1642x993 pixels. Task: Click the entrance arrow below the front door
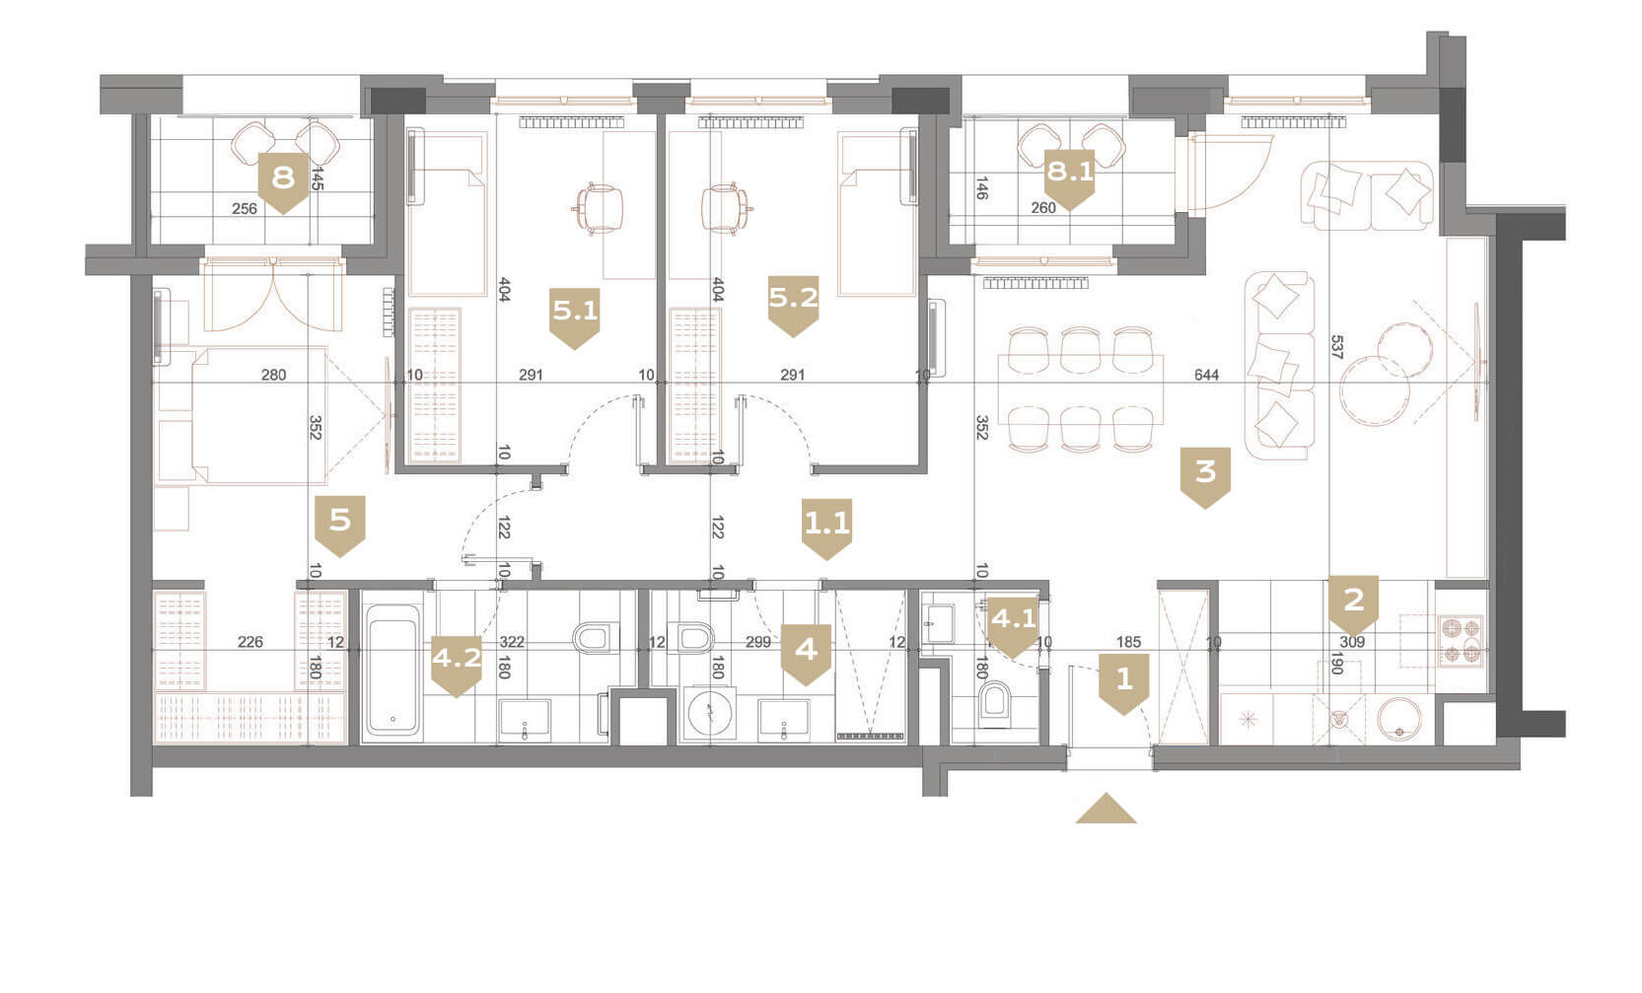point(1107,810)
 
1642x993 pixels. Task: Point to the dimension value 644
point(1206,375)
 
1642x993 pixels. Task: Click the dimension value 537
point(1336,347)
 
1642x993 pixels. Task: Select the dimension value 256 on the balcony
point(245,208)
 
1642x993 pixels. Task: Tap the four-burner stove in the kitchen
point(1462,641)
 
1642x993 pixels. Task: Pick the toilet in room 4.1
point(994,700)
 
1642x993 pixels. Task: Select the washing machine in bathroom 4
point(710,711)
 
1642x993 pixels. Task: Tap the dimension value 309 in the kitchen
point(1352,642)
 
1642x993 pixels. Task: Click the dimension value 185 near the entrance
point(1129,642)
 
